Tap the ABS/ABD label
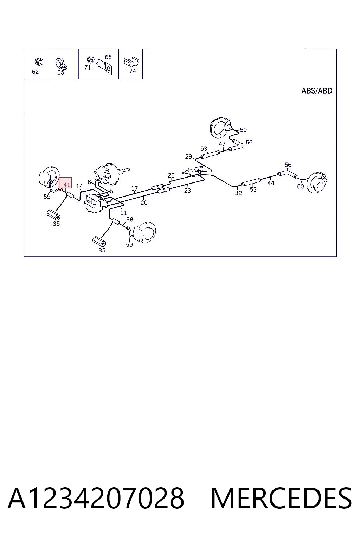click(x=317, y=91)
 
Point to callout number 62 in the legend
click(x=35, y=72)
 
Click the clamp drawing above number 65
click(x=61, y=63)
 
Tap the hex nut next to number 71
click(x=90, y=59)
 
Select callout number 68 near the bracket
click(x=108, y=57)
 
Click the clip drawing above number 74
click(x=131, y=62)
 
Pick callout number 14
click(x=79, y=186)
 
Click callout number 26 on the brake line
click(x=171, y=175)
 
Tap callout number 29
click(x=188, y=156)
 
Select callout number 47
click(x=222, y=144)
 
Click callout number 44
click(x=271, y=183)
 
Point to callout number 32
click(x=238, y=193)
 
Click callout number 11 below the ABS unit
click(x=123, y=213)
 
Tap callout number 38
click(x=129, y=219)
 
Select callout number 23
click(x=187, y=191)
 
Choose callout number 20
click(x=144, y=203)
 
